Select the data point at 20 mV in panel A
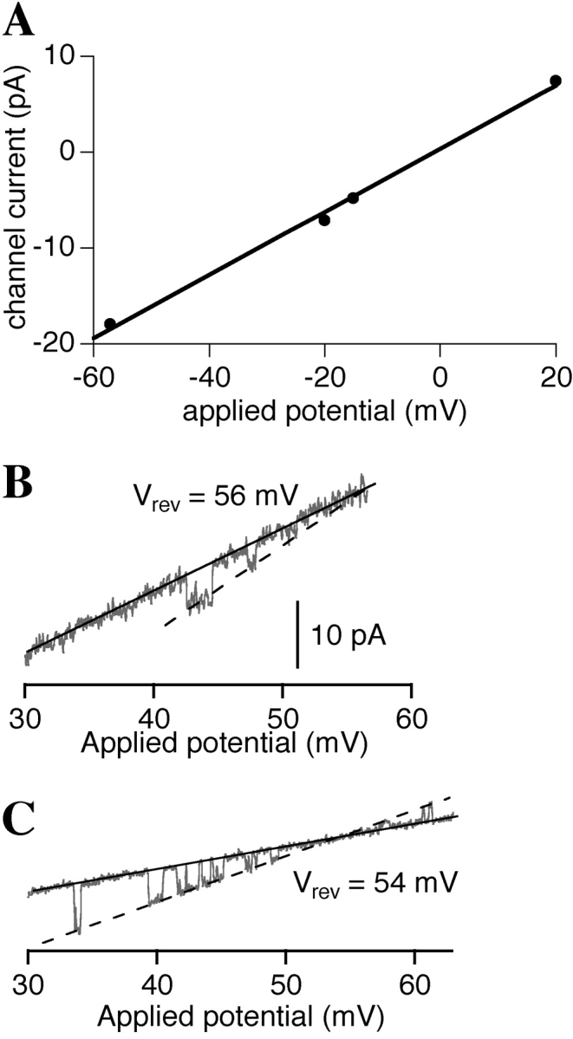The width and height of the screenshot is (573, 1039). pos(556,81)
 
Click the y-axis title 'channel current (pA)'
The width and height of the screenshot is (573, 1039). pos(19,199)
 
